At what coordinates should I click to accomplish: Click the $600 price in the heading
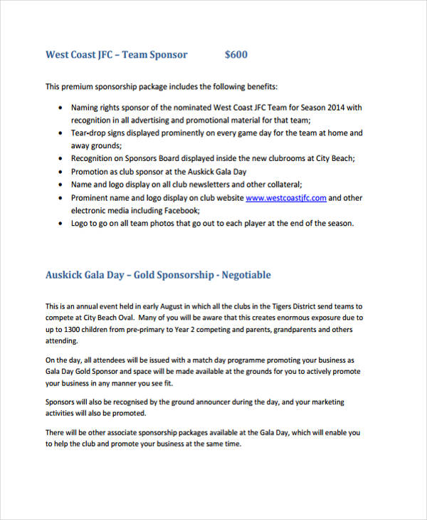pos(236,55)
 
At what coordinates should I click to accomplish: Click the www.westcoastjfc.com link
pos(286,197)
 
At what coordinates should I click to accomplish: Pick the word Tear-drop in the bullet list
pos(89,132)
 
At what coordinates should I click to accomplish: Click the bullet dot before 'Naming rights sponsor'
pos(59,108)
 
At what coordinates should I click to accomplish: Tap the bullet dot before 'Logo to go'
pos(59,223)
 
